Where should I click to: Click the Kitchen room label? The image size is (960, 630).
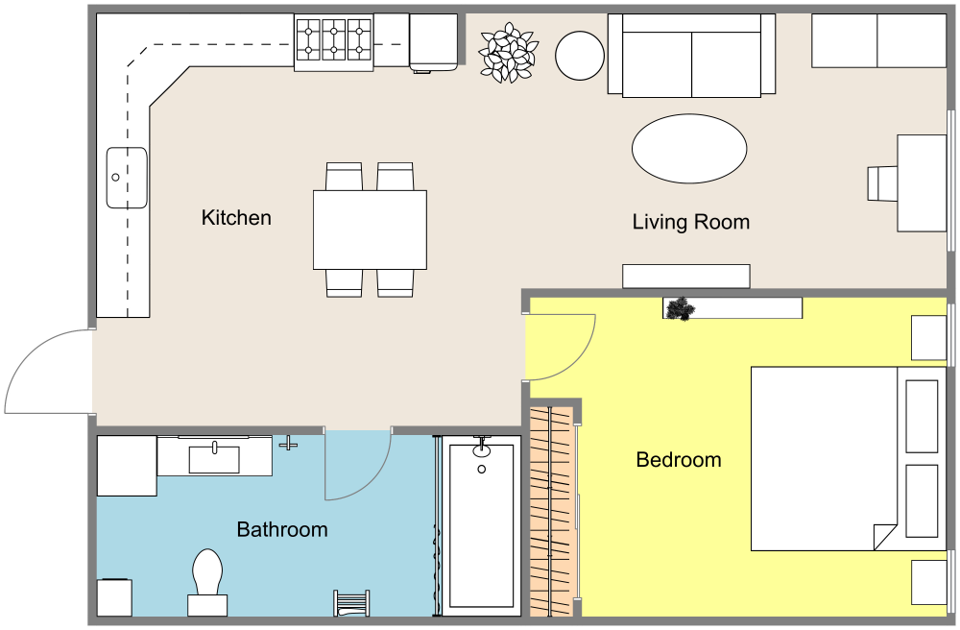(236, 218)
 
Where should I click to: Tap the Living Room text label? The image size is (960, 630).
(690, 223)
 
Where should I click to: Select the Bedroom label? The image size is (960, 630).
(679, 460)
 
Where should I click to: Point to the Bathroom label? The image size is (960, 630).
(282, 529)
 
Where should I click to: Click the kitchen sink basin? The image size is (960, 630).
(126, 178)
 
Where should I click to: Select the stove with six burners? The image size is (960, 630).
(333, 43)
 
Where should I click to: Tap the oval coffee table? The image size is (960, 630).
(689, 148)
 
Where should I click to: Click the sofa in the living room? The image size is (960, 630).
(691, 56)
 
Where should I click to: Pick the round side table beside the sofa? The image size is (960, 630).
(579, 56)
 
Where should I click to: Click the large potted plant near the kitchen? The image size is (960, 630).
(508, 53)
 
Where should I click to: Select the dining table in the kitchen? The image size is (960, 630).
(370, 230)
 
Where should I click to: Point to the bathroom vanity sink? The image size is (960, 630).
(214, 457)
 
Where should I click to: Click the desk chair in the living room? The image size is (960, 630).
(880, 183)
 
